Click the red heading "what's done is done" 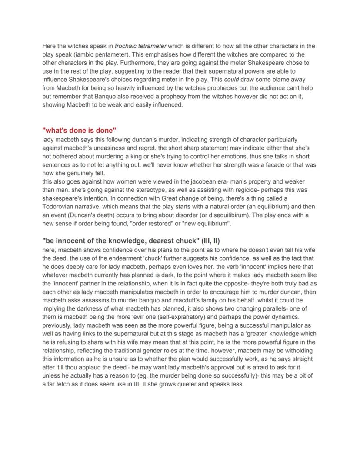click(79, 131)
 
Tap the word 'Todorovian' click(63, 207)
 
